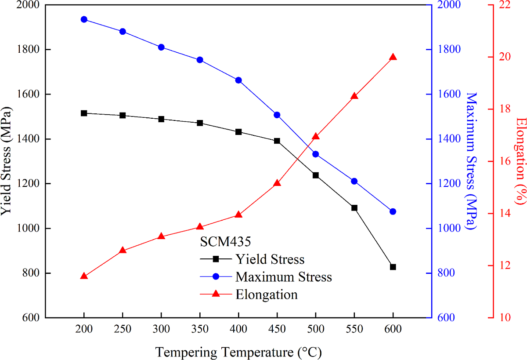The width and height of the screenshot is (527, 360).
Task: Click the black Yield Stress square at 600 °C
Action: click(x=393, y=267)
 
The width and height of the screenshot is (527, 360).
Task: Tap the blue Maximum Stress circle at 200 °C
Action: click(x=84, y=19)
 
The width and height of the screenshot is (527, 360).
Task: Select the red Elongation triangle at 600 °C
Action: click(x=393, y=58)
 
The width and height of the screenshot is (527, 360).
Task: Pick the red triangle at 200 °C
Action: click(x=84, y=276)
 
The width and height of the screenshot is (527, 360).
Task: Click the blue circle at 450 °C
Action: click(x=277, y=115)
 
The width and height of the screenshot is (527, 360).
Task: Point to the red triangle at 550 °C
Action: click(x=354, y=96)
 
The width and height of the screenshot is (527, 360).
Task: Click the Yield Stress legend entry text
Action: click(x=270, y=259)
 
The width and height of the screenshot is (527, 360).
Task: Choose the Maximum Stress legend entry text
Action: click(x=283, y=277)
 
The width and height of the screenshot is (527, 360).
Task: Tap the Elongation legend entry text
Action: click(x=266, y=294)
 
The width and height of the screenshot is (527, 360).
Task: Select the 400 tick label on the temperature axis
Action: click(x=238, y=329)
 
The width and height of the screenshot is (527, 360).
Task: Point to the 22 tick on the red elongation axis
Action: click(x=503, y=5)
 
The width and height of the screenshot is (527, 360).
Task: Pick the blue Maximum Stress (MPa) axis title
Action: click(x=471, y=161)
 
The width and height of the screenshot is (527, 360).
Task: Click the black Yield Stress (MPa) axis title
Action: click(x=7, y=161)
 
